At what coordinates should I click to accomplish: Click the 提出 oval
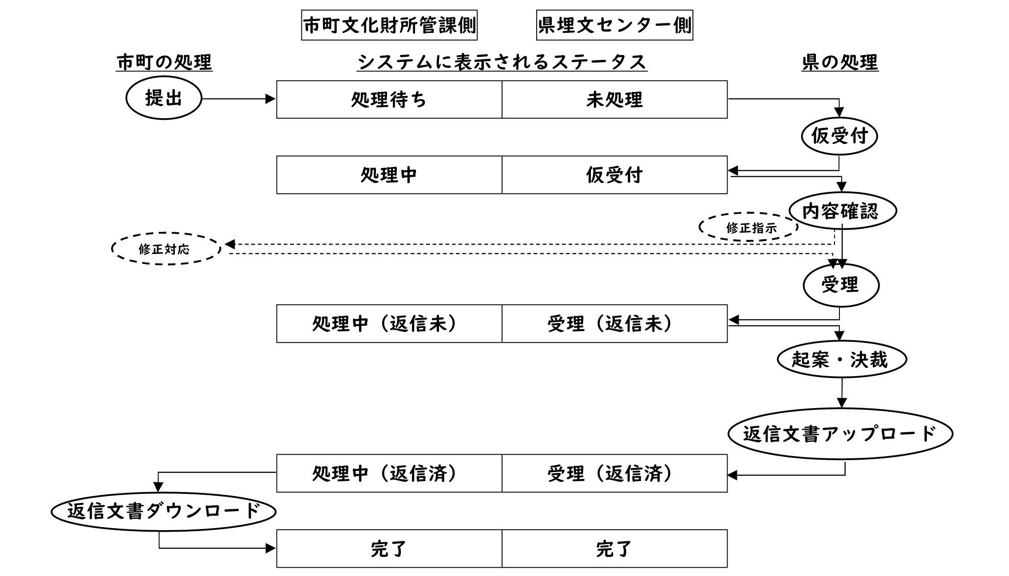(164, 98)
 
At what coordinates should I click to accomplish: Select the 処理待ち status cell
(389, 99)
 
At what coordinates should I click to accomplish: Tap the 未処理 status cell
(614, 99)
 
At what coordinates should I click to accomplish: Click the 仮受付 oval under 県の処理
(839, 135)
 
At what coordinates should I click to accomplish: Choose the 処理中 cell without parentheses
(389, 175)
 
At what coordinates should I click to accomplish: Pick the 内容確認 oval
(842, 211)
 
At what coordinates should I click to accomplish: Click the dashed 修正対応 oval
(165, 249)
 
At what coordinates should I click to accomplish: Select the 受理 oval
(841, 285)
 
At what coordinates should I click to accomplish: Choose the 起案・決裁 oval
(841, 359)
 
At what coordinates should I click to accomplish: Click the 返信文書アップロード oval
(840, 433)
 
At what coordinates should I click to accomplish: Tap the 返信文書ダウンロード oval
(163, 512)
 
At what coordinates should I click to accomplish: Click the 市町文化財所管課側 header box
(389, 25)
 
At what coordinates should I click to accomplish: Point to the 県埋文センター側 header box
(614, 25)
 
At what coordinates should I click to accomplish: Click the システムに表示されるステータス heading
(502, 62)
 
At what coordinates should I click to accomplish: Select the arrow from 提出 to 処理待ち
(238, 99)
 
